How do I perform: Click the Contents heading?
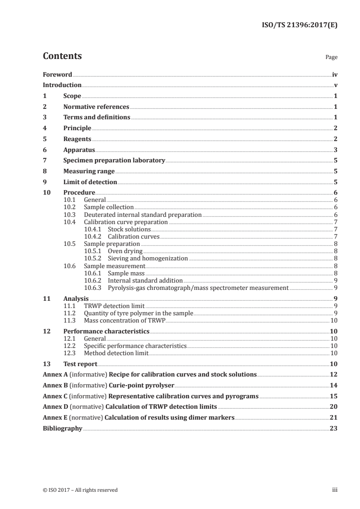click(x=62, y=56)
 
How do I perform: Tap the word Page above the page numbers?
click(x=331, y=58)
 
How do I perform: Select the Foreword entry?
click(x=57, y=74)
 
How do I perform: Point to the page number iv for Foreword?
click(x=334, y=74)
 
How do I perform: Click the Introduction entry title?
click(x=62, y=85)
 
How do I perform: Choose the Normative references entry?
click(x=96, y=107)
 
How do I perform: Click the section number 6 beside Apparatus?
click(x=44, y=150)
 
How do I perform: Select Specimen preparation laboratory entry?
click(x=114, y=161)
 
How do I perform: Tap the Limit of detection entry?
click(x=90, y=182)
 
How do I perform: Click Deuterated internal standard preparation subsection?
click(x=143, y=215)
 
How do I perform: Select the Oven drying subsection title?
click(x=125, y=251)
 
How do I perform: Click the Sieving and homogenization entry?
click(x=148, y=258)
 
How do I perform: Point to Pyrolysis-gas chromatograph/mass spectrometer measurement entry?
click(x=198, y=288)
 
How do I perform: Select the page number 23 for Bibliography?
click(x=334, y=428)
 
